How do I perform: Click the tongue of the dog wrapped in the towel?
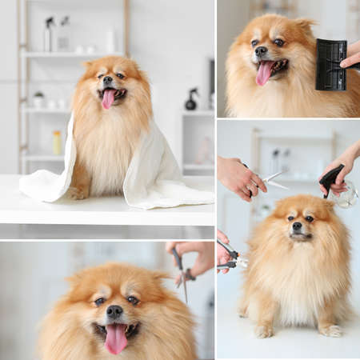click(x=108, y=99)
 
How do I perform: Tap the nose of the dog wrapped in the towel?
click(x=107, y=80)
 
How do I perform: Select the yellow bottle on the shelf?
click(x=57, y=142)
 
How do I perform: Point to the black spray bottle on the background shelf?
click(x=191, y=99)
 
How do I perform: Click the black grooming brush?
click(x=330, y=64)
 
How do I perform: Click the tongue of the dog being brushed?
click(x=264, y=74)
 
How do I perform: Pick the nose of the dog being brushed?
click(x=261, y=52)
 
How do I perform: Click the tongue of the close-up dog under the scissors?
click(x=116, y=338)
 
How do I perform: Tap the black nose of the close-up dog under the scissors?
click(x=114, y=311)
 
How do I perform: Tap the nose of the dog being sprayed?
click(x=297, y=226)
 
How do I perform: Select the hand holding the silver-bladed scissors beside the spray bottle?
click(x=238, y=176)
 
